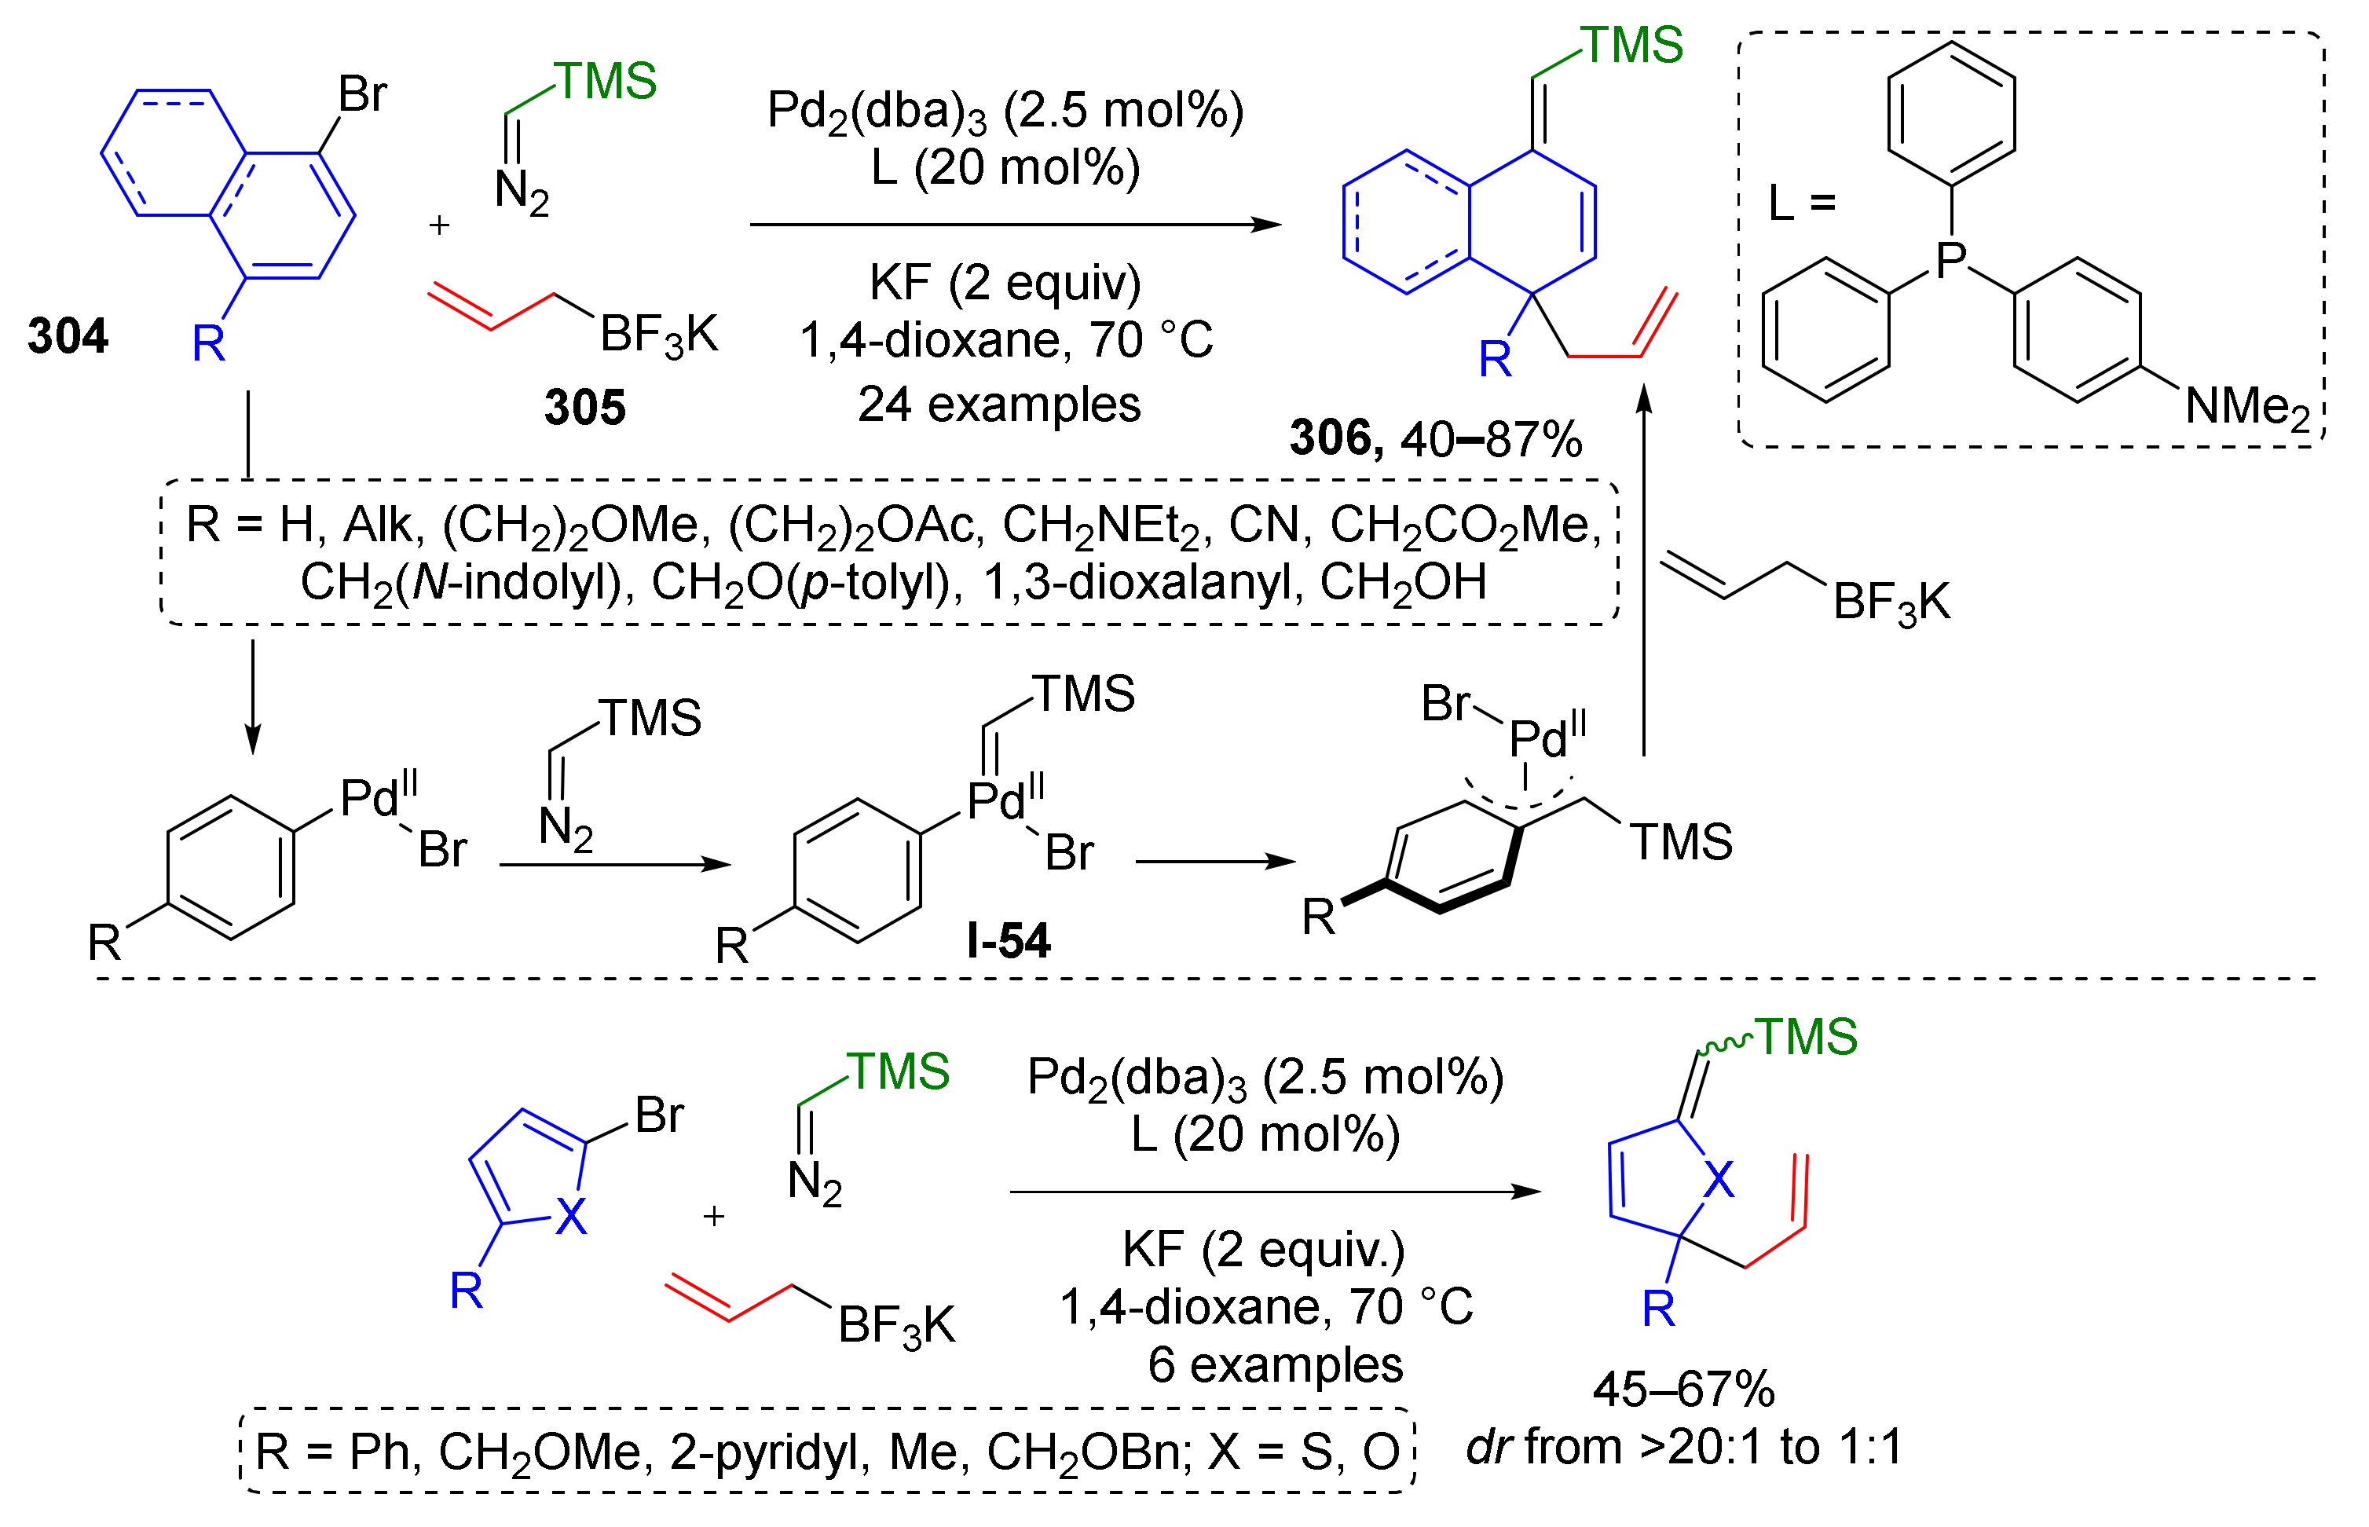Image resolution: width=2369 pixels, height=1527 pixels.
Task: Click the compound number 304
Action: click(68, 336)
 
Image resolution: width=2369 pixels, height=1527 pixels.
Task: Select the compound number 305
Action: click(584, 408)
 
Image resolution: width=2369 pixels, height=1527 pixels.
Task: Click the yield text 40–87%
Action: click(1490, 438)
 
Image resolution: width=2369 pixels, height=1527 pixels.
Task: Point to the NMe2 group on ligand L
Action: click(2246, 408)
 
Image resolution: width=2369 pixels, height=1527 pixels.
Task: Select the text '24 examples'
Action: click(998, 405)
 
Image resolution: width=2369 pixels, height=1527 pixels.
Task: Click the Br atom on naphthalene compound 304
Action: click(362, 95)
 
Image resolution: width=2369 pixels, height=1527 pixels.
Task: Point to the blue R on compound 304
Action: click(208, 343)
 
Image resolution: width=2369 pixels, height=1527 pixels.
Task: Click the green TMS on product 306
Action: click(1631, 46)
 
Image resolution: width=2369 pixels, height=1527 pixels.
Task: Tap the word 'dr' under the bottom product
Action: click(1488, 1447)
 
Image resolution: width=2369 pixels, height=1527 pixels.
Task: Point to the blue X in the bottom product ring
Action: click(1719, 1180)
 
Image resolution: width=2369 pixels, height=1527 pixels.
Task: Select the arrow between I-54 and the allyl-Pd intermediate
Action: click(1215, 862)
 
